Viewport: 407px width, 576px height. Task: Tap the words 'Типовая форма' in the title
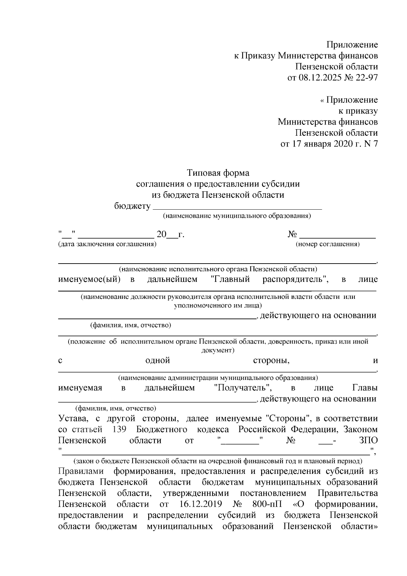point(218,173)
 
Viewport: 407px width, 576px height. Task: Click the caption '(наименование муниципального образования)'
point(237,216)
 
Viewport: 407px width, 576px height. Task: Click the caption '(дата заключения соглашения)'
point(107,244)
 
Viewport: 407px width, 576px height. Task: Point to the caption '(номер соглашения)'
point(328,244)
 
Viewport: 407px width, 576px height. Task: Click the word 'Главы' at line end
point(365,388)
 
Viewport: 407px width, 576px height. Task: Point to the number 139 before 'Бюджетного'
point(119,429)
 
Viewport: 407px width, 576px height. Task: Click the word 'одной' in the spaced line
point(157,361)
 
